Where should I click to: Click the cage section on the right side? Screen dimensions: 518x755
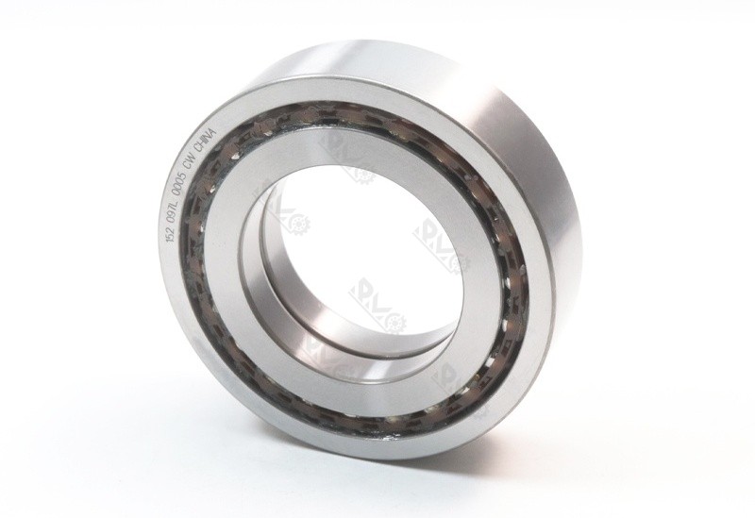tap(516, 283)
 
